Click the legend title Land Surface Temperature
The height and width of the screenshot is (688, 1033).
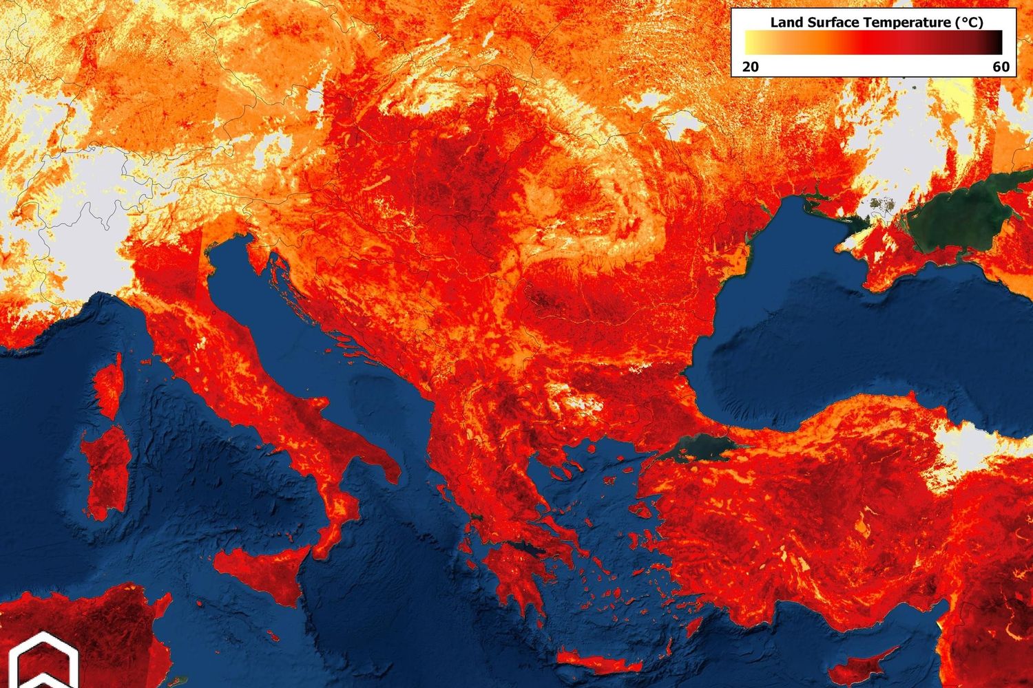(876, 22)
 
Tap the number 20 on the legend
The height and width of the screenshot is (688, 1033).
(750, 67)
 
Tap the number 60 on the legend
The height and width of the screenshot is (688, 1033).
(1001, 67)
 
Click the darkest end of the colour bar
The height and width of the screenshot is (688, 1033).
(997, 43)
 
